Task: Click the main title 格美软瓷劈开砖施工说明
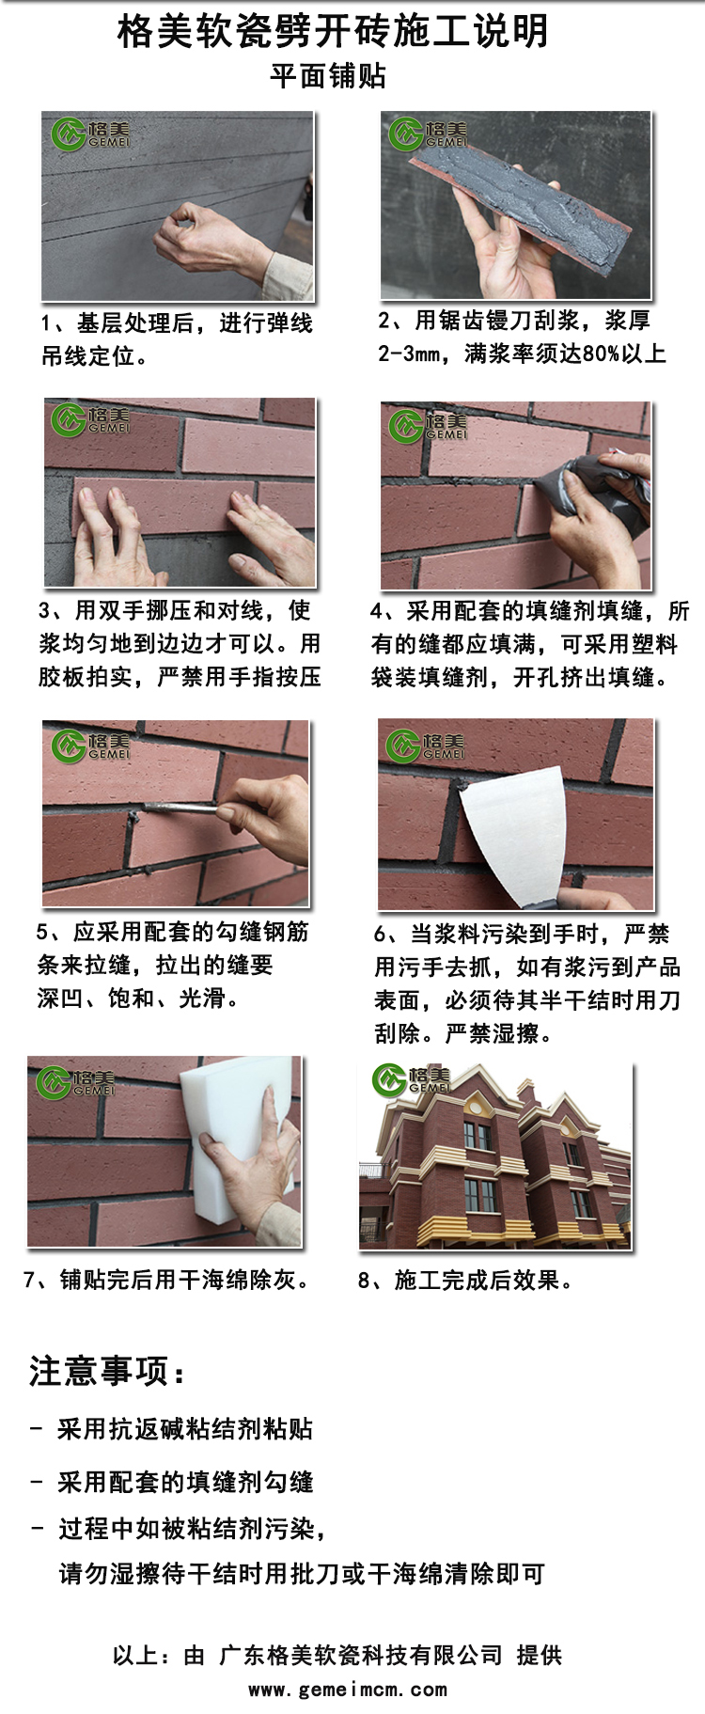(333, 32)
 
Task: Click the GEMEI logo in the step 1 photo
(90, 134)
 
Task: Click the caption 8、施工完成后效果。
(465, 1280)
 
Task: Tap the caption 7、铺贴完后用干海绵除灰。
(167, 1280)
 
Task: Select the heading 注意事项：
(107, 1371)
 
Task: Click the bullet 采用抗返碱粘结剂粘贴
(184, 1429)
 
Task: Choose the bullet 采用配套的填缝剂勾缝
(184, 1482)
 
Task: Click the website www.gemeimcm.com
(347, 1690)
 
